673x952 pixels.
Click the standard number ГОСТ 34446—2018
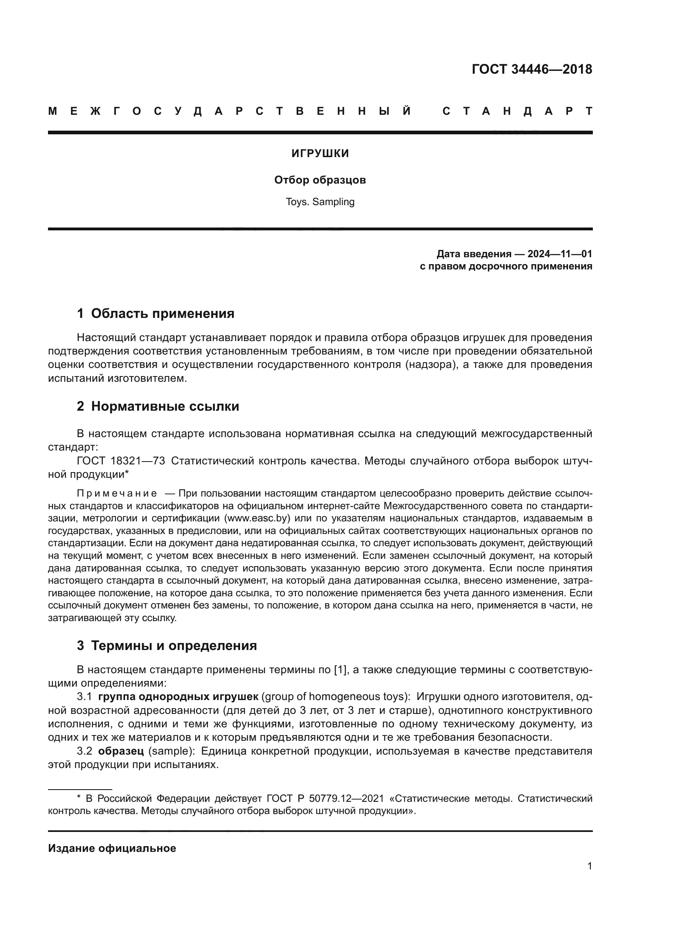point(532,69)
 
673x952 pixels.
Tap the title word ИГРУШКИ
point(320,154)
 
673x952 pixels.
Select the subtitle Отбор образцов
point(320,180)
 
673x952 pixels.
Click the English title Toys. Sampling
point(320,202)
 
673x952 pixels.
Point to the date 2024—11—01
point(559,254)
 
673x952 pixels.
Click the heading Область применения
point(162,314)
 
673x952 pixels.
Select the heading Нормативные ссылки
point(165,406)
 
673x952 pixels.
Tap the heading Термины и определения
point(174,646)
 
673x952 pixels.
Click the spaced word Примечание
point(117,493)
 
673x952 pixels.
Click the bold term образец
point(120,751)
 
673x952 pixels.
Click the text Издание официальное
point(112,848)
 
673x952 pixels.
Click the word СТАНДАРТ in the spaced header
point(517,112)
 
